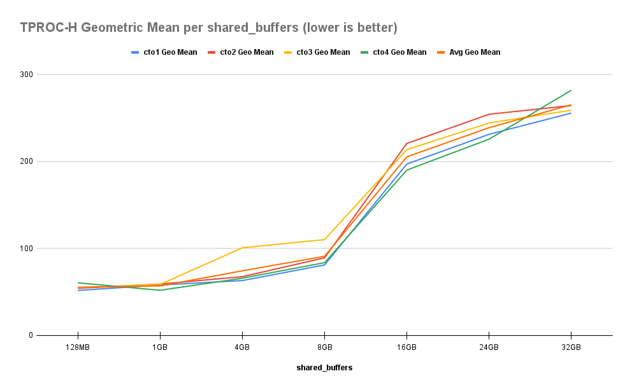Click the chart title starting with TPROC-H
click(209, 27)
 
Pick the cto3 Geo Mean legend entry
click(322, 52)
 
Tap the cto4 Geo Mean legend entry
click(399, 52)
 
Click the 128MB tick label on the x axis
click(78, 347)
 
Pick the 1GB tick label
click(160, 347)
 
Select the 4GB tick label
click(242, 347)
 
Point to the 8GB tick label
click(324, 347)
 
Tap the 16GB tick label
click(406, 347)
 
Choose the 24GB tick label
click(489, 347)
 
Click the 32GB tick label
click(571, 347)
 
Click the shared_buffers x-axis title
click(324, 368)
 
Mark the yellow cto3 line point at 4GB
click(242, 247)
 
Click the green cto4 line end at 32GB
click(571, 91)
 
